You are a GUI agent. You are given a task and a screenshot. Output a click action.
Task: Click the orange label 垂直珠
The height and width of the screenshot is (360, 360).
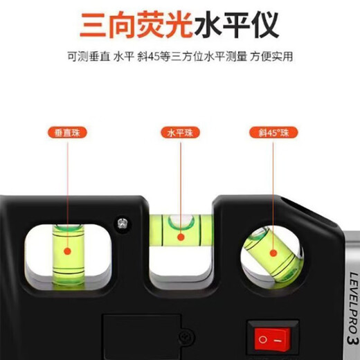tap(67, 132)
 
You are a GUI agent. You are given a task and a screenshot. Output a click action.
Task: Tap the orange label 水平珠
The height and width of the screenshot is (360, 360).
tap(179, 132)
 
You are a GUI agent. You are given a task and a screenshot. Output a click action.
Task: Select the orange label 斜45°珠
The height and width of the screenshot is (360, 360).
tap(270, 132)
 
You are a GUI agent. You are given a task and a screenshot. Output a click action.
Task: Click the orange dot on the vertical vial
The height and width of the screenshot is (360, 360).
tap(67, 253)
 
